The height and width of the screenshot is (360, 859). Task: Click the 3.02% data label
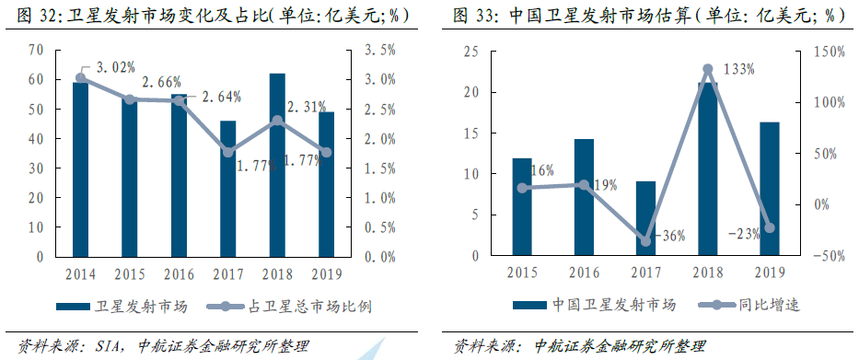[115, 66]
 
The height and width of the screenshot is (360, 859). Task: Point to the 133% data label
[737, 68]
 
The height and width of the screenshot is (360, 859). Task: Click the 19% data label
[605, 185]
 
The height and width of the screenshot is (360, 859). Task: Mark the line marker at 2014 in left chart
[80, 77]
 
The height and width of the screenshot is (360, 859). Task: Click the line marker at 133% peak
[707, 69]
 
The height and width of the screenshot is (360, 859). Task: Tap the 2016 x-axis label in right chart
[584, 273]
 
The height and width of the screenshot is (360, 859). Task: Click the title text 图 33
[475, 16]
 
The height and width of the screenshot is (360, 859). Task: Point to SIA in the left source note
[111, 345]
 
